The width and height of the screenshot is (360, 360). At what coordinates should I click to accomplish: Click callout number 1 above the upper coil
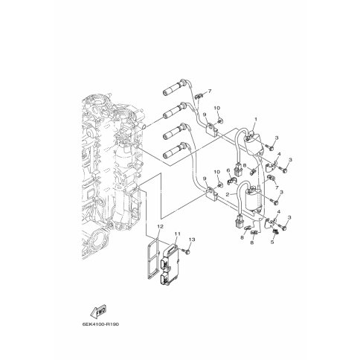[256, 119]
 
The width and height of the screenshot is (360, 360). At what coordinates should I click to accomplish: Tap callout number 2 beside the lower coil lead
[228, 194]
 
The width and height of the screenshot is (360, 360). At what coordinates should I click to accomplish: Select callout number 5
[272, 242]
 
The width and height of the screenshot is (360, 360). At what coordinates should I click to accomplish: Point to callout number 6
[228, 170]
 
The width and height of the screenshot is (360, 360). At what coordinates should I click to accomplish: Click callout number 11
[177, 234]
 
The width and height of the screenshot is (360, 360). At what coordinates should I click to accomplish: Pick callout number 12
[161, 226]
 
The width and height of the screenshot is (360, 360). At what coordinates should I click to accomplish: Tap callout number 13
[192, 240]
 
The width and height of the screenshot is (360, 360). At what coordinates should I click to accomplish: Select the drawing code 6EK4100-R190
[100, 324]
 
